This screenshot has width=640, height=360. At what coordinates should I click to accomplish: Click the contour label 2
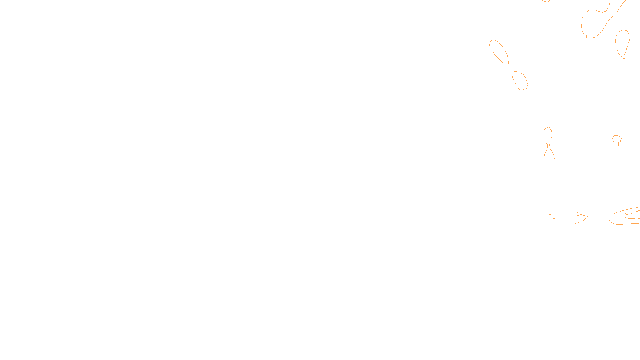click(624, 215)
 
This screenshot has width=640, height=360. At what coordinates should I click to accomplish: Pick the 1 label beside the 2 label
click(612, 214)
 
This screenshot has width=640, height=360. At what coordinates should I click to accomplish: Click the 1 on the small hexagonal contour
click(618, 144)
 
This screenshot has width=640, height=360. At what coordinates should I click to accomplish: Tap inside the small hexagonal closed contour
click(616, 139)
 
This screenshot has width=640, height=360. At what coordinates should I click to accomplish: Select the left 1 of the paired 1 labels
click(545, 140)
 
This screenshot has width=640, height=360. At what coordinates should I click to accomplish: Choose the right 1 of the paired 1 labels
click(551, 140)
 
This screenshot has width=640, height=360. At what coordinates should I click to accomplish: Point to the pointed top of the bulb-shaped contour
click(548, 127)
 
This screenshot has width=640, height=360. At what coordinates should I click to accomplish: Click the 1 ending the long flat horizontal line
click(578, 214)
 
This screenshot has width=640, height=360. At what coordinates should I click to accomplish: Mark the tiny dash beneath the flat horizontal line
click(555, 218)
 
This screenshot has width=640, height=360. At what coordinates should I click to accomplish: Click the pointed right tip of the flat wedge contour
click(587, 217)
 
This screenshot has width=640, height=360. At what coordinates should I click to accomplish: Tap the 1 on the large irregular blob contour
click(586, 37)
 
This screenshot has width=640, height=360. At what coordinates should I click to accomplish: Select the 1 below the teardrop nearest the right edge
click(624, 57)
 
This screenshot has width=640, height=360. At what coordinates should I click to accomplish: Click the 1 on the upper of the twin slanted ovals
click(508, 66)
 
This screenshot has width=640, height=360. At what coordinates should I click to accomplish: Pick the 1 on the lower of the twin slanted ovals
click(524, 91)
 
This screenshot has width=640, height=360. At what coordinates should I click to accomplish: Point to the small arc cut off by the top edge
click(546, 1)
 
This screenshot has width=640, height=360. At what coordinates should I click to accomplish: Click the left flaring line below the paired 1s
click(545, 154)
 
